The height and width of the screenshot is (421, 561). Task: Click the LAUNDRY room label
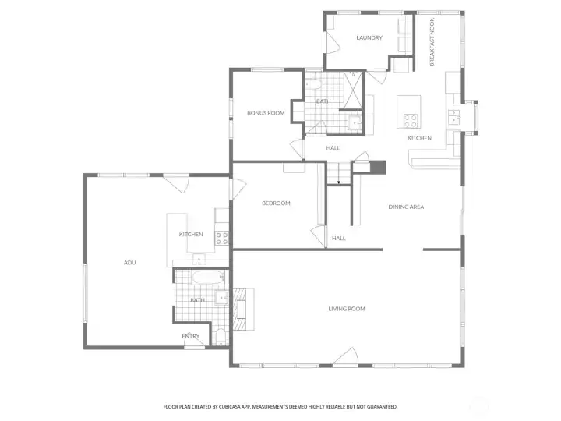[369, 38]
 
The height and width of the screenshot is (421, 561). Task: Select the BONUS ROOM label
[266, 113]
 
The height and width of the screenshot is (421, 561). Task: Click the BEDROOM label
[276, 203]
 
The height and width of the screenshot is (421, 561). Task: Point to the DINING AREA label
[406, 207]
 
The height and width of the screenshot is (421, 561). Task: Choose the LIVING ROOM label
[347, 309]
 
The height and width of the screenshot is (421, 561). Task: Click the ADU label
[130, 263]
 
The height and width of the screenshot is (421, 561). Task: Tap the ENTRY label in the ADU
[191, 336]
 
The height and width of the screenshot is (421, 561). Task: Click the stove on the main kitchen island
[410, 121]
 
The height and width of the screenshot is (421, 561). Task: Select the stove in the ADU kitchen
[222, 235]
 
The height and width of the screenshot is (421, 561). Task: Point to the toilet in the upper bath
[316, 87]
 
